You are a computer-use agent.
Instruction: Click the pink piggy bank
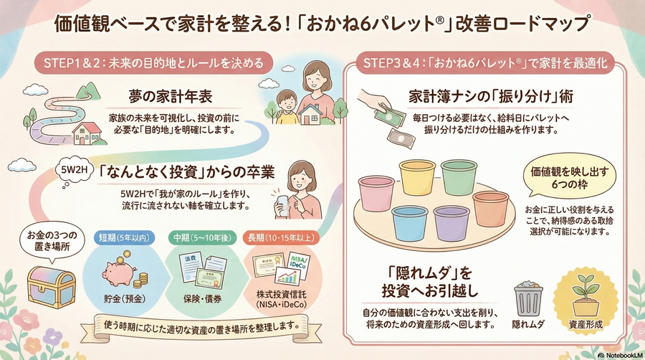[120, 271]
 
